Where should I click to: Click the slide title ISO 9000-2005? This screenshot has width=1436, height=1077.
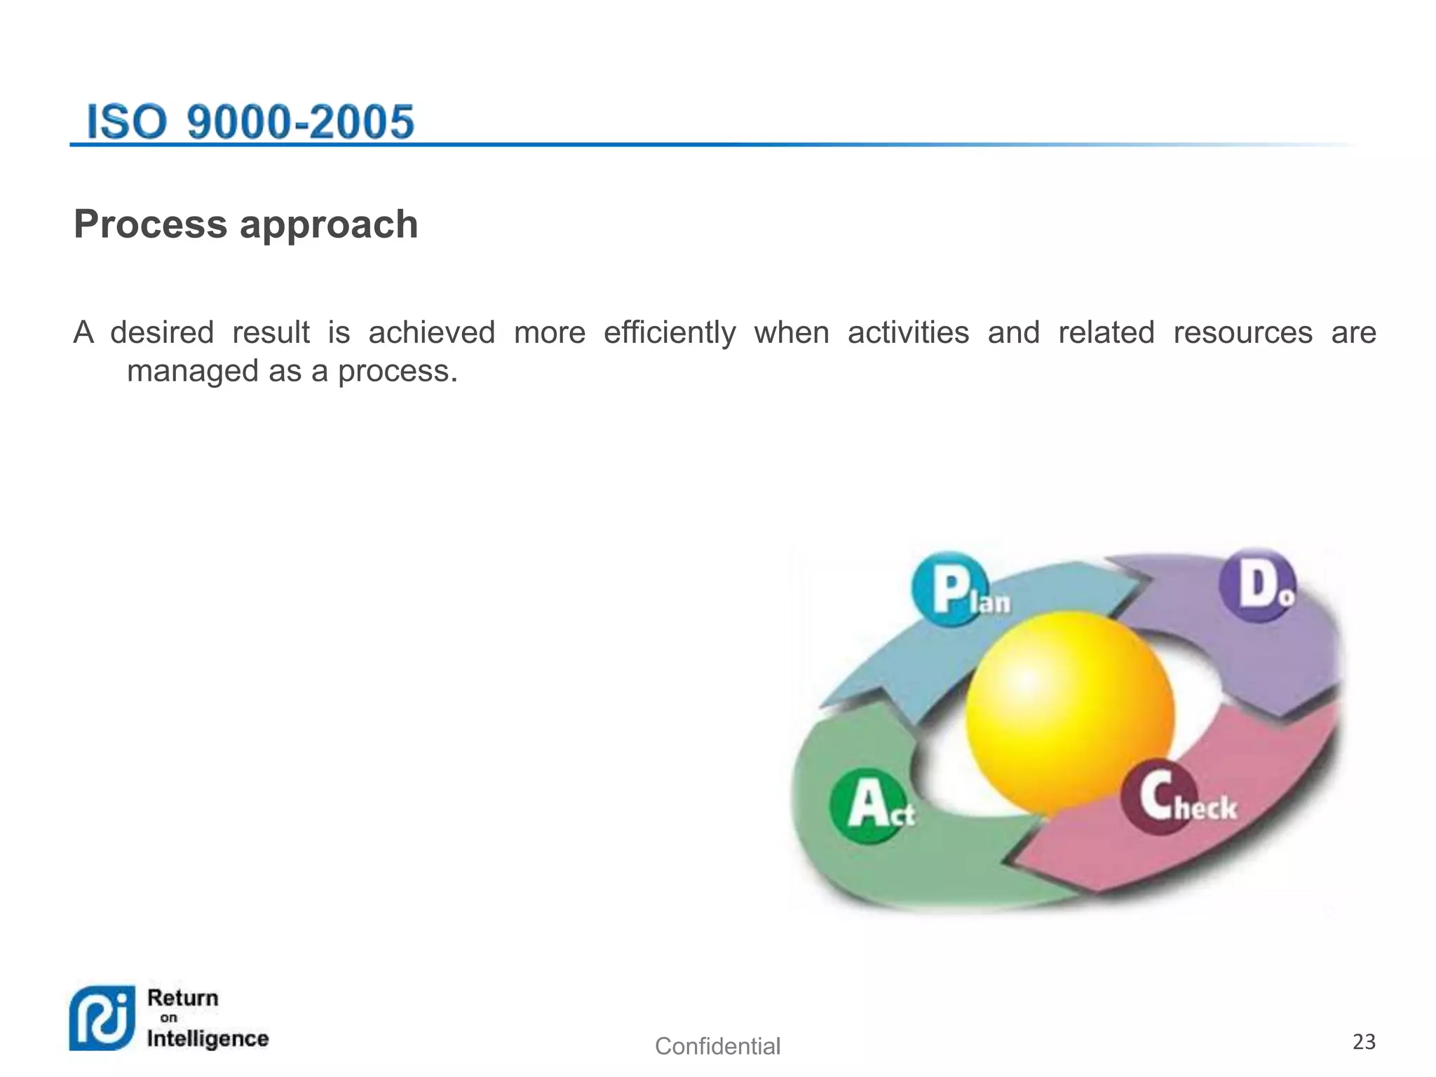pos(250,122)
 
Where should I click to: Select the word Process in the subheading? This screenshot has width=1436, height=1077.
pos(150,224)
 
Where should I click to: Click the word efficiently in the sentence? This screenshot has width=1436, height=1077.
pos(670,333)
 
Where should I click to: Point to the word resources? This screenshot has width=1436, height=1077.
pos(1242,332)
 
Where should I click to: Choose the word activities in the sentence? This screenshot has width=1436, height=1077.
pos(908,332)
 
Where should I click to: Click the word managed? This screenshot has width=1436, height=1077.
pos(192,372)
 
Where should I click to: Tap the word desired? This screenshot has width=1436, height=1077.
pos(162,332)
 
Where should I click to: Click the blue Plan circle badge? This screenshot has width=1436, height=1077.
pos(950,589)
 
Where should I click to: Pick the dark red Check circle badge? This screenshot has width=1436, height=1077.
pos(1158,797)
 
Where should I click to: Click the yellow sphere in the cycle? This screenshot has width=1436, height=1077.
pos(1069,712)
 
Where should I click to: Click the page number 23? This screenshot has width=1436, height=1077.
pos(1364,1041)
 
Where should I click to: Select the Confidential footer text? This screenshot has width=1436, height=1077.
pos(717,1046)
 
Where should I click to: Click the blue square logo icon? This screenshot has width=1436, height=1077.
pos(102,1018)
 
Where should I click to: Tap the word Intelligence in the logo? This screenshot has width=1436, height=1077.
pos(208,1038)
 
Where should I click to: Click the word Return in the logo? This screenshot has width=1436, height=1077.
pos(183,998)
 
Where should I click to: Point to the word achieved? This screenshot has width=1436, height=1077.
pos(432,332)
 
